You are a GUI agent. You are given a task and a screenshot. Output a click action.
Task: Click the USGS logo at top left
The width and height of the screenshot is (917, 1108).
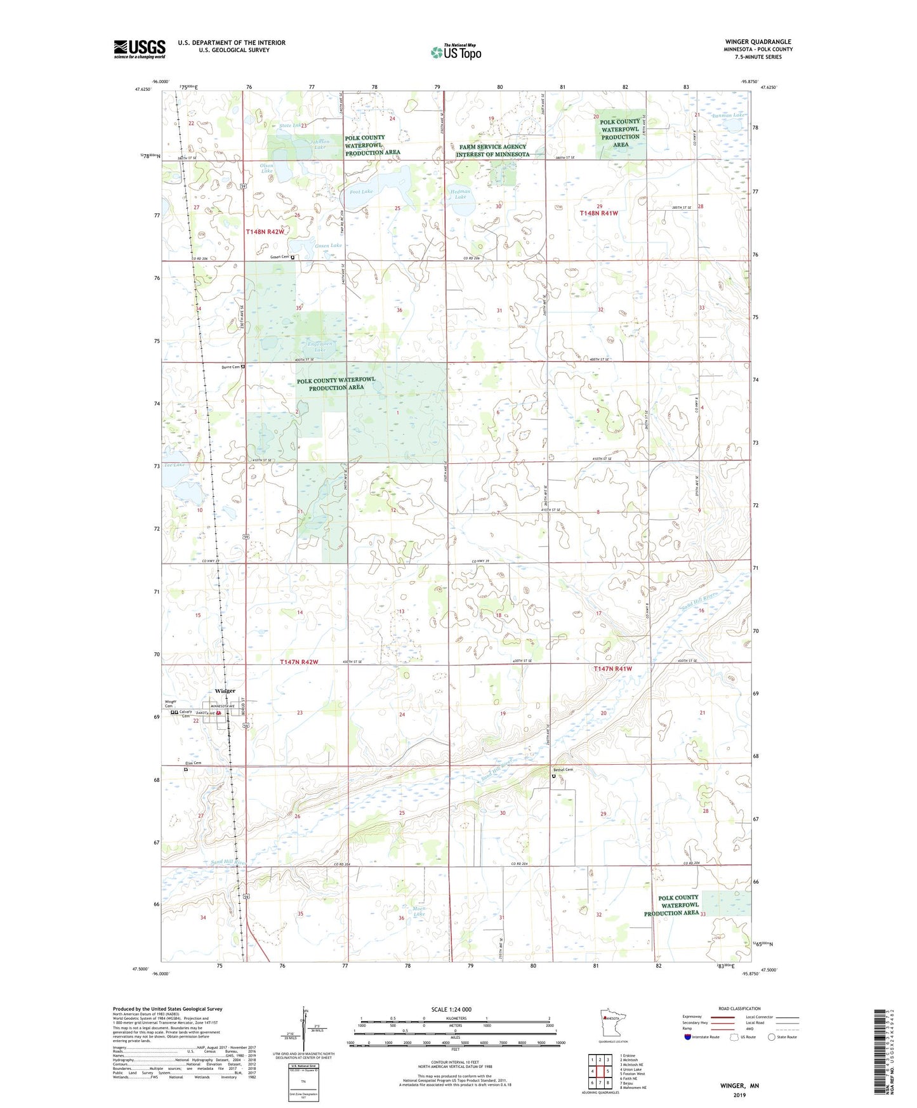140,49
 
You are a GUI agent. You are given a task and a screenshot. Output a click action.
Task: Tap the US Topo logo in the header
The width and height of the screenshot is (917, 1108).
456,52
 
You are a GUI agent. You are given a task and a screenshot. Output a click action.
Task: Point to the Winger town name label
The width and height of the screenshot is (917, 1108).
225,690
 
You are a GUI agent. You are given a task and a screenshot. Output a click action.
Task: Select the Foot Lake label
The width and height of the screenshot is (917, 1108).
362,191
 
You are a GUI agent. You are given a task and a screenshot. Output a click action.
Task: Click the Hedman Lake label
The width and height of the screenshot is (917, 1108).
460,194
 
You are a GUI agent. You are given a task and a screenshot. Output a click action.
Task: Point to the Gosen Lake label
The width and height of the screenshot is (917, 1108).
328,246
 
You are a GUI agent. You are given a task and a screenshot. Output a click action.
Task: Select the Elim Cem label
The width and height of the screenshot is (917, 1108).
193,763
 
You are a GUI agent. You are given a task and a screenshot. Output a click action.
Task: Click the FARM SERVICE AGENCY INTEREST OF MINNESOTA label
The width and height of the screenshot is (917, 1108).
492,150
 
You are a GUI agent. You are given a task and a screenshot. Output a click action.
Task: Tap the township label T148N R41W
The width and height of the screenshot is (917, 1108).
598,214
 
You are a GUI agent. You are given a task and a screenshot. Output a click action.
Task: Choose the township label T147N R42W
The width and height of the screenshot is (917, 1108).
299,662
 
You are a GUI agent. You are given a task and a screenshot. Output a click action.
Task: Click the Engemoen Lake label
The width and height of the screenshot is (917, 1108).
320,346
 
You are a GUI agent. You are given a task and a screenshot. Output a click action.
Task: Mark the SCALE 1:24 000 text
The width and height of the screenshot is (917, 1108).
451,1009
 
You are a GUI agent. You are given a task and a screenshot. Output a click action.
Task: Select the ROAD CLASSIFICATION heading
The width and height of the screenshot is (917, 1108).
739,1008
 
